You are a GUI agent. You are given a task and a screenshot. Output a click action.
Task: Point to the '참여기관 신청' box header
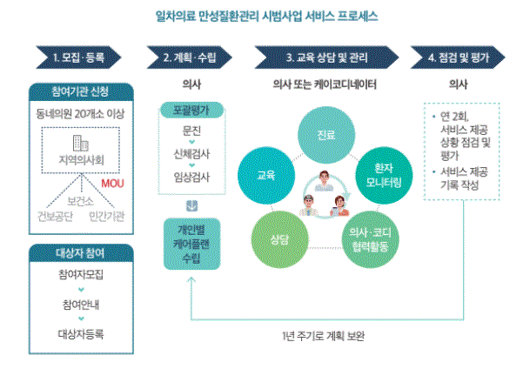(81, 91)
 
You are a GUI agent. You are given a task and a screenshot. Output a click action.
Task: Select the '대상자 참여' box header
(81, 252)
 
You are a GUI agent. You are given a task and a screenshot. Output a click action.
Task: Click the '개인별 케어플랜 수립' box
(195, 237)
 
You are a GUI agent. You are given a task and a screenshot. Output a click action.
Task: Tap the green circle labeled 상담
(278, 237)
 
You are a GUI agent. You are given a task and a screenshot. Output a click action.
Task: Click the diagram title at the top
(261, 14)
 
